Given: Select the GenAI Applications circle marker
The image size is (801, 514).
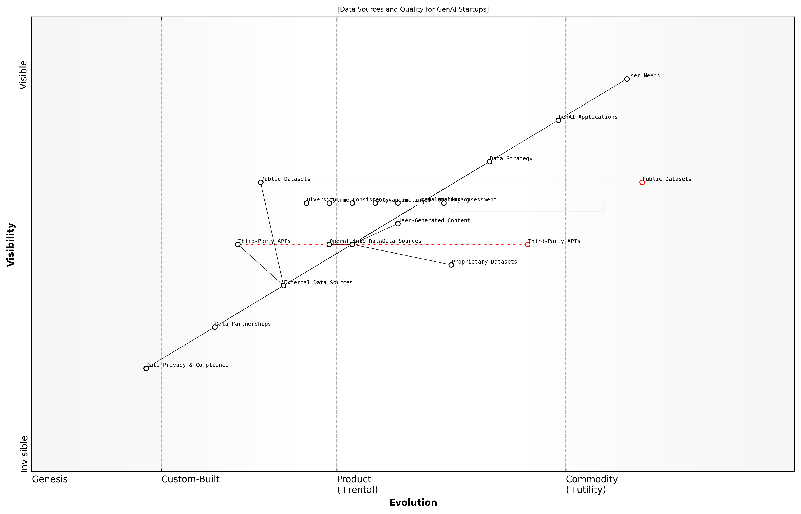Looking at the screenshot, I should click(x=558, y=121).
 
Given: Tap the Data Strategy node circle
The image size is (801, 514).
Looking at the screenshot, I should click(x=489, y=162).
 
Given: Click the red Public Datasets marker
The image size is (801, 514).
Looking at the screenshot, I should click(x=642, y=182).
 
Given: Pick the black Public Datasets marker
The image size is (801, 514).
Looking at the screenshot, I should click(x=261, y=182).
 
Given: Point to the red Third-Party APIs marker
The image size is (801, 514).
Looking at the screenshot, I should click(x=527, y=244).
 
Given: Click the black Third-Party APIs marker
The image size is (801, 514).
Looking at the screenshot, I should click(x=238, y=244).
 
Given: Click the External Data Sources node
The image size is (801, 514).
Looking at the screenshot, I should click(x=283, y=286).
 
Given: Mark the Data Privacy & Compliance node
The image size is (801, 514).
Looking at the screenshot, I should click(x=146, y=369).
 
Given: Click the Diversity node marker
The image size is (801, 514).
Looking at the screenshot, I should click(x=306, y=203).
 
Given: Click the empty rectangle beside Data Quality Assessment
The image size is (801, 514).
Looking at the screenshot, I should click(x=527, y=207).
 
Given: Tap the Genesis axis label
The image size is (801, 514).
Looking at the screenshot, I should click(x=50, y=479).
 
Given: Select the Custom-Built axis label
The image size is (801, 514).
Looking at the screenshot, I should click(x=190, y=479).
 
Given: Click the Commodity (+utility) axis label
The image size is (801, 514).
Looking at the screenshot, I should click(x=591, y=484).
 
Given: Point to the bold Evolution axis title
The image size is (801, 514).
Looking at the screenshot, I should click(x=413, y=503).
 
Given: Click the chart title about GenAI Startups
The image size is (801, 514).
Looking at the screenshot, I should click(x=413, y=9).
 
